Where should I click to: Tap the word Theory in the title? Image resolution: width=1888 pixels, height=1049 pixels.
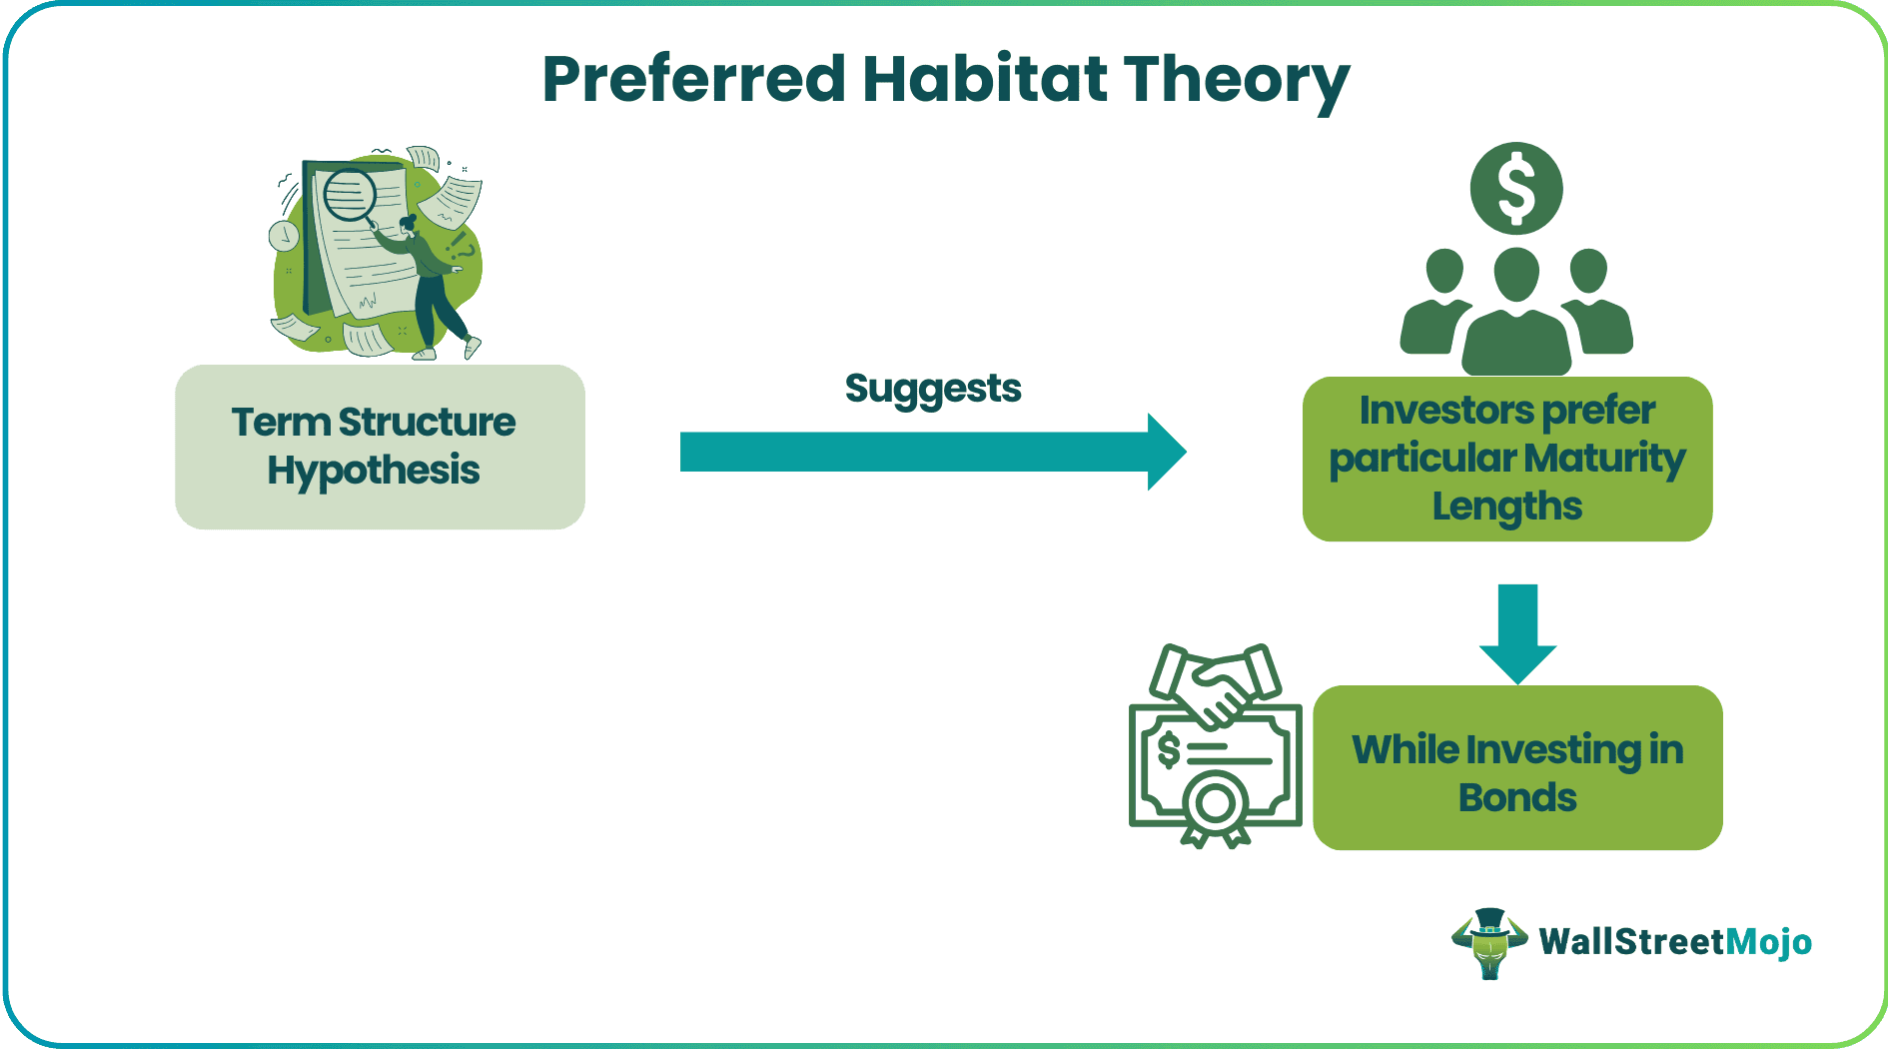coord(1237,82)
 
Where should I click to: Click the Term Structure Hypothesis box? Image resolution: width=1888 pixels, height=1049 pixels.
coord(380,447)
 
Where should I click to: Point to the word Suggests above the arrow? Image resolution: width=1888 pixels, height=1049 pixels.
coord(933,390)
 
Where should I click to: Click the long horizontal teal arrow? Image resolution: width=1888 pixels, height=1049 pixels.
coord(933,452)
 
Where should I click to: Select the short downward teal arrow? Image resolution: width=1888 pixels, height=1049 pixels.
coord(1517,633)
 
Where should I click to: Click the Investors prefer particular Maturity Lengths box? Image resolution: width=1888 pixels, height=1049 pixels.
coord(1507,459)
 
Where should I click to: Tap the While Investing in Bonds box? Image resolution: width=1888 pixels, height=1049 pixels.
coord(1517,767)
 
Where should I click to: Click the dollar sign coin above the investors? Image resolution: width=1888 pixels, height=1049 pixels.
coord(1516,189)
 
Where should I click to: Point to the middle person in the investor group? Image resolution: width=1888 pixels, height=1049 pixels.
coord(1516,312)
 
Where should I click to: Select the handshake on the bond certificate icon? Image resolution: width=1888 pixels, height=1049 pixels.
coord(1216,683)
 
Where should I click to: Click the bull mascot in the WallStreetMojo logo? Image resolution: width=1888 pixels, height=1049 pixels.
coord(1489,942)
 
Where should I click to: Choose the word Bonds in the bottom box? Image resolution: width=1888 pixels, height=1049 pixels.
coord(1517,797)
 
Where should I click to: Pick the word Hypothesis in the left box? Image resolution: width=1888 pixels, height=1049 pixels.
coord(374,471)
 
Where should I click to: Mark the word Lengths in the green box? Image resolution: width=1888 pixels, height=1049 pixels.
coord(1507,507)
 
